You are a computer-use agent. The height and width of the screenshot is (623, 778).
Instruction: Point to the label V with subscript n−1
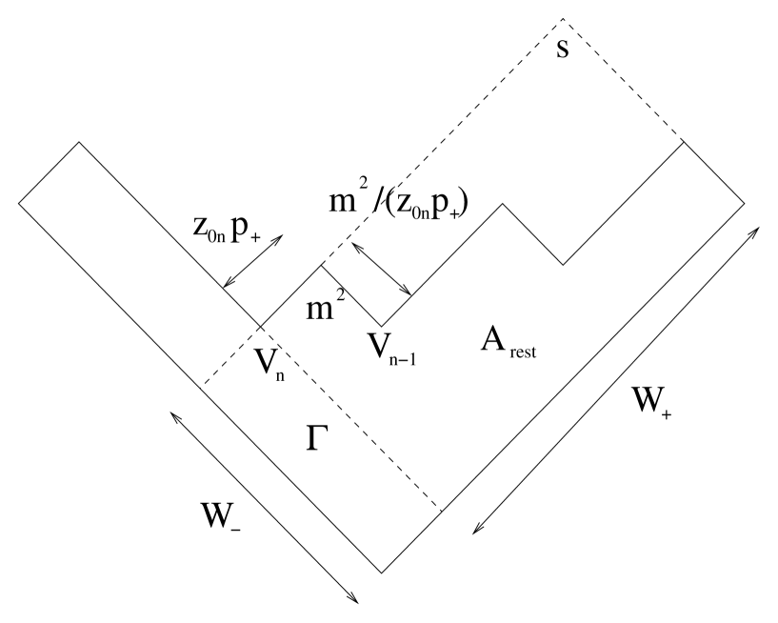coord(393,349)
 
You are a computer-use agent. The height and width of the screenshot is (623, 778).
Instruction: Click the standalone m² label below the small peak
coord(323,306)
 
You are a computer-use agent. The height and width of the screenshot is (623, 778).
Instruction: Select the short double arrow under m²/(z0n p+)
coord(381,269)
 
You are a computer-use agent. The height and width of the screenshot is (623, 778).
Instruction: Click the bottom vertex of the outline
coord(382,573)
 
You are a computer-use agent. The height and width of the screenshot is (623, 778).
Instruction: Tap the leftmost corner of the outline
coord(17,202)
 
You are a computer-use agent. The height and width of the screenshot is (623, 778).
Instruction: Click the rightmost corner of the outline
coord(745,203)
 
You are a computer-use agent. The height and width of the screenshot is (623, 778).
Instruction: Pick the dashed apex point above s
coord(562,19)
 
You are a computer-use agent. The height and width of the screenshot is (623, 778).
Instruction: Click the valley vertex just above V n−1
coord(382,325)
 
